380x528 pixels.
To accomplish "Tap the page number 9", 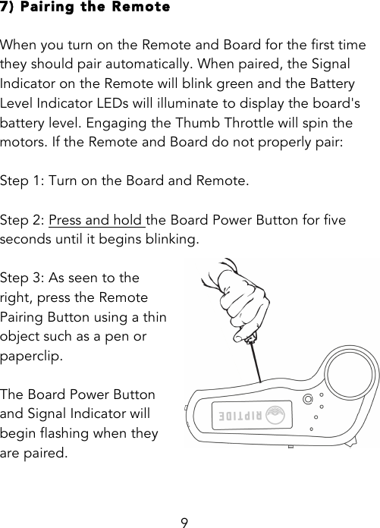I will (184, 521).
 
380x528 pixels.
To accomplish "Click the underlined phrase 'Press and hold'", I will (96, 220).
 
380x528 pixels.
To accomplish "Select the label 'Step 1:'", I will (23, 181).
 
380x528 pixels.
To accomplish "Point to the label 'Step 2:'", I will (23, 220).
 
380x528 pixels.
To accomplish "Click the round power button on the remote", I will (307, 400).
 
